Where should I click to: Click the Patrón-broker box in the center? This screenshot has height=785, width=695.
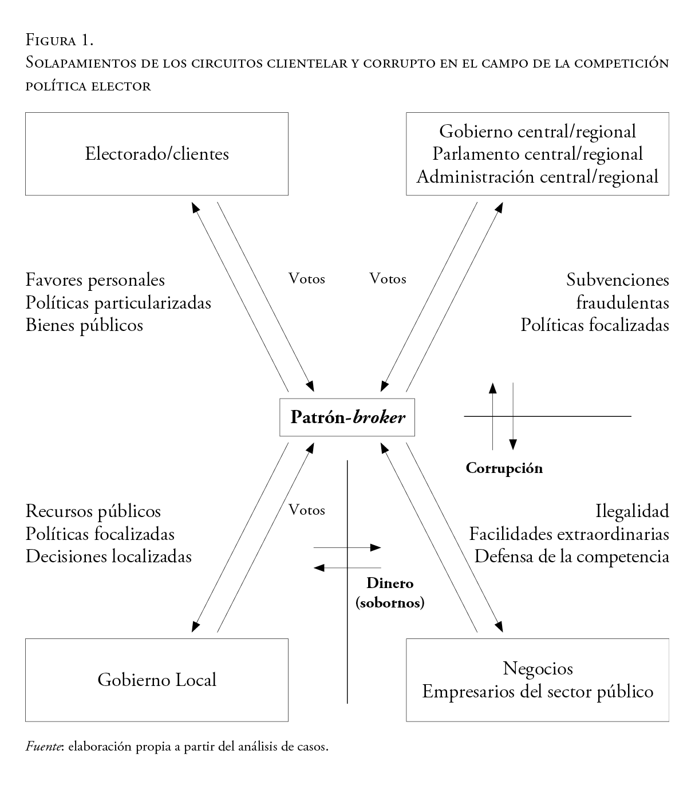[x=347, y=417]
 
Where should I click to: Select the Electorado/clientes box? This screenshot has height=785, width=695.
[x=156, y=154]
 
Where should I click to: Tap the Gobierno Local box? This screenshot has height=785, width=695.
[x=156, y=680]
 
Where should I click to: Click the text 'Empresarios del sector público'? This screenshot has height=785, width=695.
[x=538, y=691]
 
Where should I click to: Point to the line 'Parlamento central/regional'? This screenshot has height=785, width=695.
[x=538, y=154]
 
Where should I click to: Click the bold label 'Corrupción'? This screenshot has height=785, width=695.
[x=504, y=468]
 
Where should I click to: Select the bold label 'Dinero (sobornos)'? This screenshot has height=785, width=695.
[x=390, y=593]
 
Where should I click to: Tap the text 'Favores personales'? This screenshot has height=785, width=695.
[x=95, y=280]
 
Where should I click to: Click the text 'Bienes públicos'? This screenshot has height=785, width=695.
[x=84, y=325]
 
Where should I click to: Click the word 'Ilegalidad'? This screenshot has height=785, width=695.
[x=632, y=511]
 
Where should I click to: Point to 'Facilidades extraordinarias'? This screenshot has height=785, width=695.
[x=569, y=534]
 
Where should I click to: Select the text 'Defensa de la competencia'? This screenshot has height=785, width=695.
[x=571, y=556]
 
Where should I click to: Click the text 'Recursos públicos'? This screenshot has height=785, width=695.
[x=93, y=511]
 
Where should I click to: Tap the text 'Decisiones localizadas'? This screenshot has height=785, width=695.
[x=108, y=556]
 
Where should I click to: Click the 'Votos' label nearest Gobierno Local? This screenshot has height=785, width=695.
[x=307, y=510]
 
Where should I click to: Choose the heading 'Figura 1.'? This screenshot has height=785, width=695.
[x=60, y=40]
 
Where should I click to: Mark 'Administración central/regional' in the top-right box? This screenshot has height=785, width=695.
[x=538, y=176]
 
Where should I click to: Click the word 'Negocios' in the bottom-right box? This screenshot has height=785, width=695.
[x=538, y=668]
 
